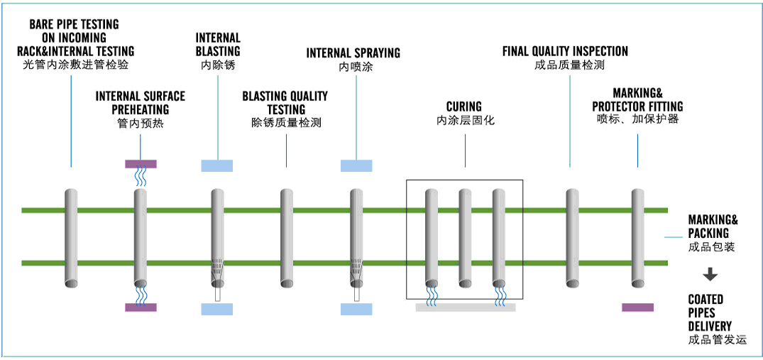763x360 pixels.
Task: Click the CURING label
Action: [464, 107]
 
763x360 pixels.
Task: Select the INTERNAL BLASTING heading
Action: [218, 44]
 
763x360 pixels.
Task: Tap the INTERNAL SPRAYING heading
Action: [353, 53]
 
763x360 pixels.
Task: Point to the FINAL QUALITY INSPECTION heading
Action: [565, 51]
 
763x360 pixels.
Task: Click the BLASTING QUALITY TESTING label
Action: [285, 103]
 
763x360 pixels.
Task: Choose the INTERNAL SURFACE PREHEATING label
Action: [141, 103]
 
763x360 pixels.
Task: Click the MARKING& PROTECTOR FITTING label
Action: [637, 99]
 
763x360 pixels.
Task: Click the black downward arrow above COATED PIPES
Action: [710, 276]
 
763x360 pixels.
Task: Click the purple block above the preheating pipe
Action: [141, 164]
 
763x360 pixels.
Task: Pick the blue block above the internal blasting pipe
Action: [217, 166]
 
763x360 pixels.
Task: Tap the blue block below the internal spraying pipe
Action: [356, 309]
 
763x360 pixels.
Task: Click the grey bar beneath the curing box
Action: [465, 307]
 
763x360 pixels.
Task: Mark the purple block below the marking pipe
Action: [637, 307]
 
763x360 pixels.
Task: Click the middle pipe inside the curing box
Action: [465, 234]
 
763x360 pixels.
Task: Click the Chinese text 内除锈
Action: [218, 65]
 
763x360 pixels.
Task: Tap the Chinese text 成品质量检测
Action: [569, 65]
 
